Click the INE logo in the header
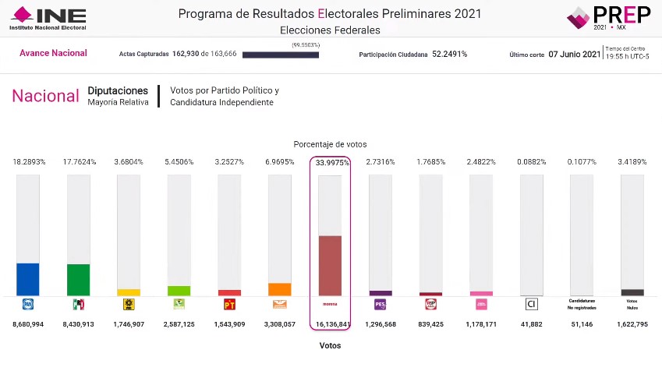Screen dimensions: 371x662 click(x=48, y=18)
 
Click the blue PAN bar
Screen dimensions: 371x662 click(x=28, y=279)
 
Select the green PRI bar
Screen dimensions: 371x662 click(x=78, y=280)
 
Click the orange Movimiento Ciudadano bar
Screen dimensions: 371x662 click(x=279, y=288)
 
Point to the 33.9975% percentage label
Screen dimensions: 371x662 click(x=332, y=162)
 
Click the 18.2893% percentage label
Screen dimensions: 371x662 click(x=28, y=162)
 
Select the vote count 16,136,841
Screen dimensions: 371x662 click(x=331, y=323)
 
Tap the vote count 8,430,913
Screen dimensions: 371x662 click(x=78, y=323)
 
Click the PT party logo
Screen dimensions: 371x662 click(x=229, y=304)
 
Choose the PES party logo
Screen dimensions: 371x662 click(x=381, y=304)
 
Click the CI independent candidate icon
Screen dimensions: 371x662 click(x=531, y=304)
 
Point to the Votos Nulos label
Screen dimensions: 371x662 click(x=632, y=303)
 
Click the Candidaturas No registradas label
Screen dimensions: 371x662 click(x=582, y=303)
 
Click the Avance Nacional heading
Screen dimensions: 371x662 click(x=53, y=53)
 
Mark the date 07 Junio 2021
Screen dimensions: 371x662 click(x=575, y=55)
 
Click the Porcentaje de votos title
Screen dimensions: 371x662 click(x=330, y=144)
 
